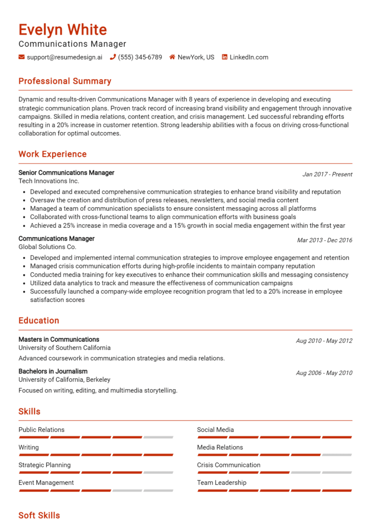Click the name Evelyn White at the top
click(63, 29)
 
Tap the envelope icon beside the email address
click(22, 57)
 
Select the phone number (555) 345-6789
click(140, 57)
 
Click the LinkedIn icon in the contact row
click(225, 57)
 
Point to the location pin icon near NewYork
click(172, 57)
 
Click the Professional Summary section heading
click(65, 81)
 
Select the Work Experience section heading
click(52, 154)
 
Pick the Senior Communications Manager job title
click(66, 173)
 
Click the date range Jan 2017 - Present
click(327, 174)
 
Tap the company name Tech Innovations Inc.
click(48, 181)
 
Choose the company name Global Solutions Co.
click(47, 247)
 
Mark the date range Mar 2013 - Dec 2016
click(325, 240)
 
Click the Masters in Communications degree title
click(58, 339)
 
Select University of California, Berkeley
click(64, 380)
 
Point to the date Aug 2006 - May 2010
click(324, 373)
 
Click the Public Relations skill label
click(41, 430)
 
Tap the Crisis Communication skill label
click(228, 465)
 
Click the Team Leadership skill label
click(221, 482)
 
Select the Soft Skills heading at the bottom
click(39, 515)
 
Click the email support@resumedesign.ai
click(65, 57)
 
